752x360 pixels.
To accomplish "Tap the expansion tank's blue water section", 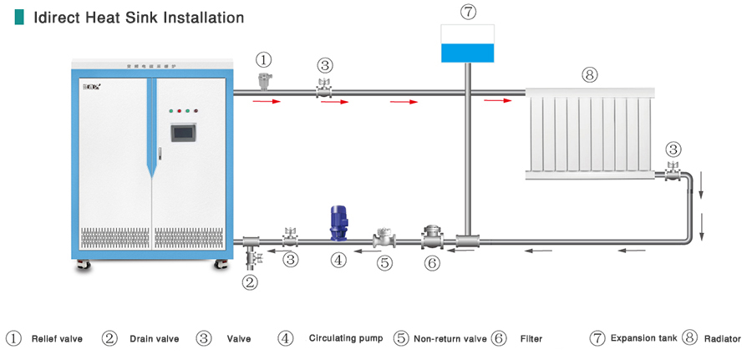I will pyautogui.click(x=468, y=53).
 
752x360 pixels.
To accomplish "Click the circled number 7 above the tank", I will pyautogui.click(x=468, y=12).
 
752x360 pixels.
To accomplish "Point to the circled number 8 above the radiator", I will pyautogui.click(x=590, y=75).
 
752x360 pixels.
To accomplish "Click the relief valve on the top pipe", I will pyautogui.click(x=265, y=80).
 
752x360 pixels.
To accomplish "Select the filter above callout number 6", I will pyautogui.click(x=431, y=237).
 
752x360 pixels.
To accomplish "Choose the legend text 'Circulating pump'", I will pyautogui.click(x=345, y=338).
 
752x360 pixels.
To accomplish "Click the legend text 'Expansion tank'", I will pyautogui.click(x=643, y=338).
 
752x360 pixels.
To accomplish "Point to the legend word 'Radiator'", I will pyautogui.click(x=723, y=338).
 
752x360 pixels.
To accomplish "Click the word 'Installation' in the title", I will pyautogui.click(x=205, y=17).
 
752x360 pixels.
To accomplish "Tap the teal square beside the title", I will pyautogui.click(x=19, y=17).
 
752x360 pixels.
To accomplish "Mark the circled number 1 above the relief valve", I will pyautogui.click(x=264, y=60).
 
